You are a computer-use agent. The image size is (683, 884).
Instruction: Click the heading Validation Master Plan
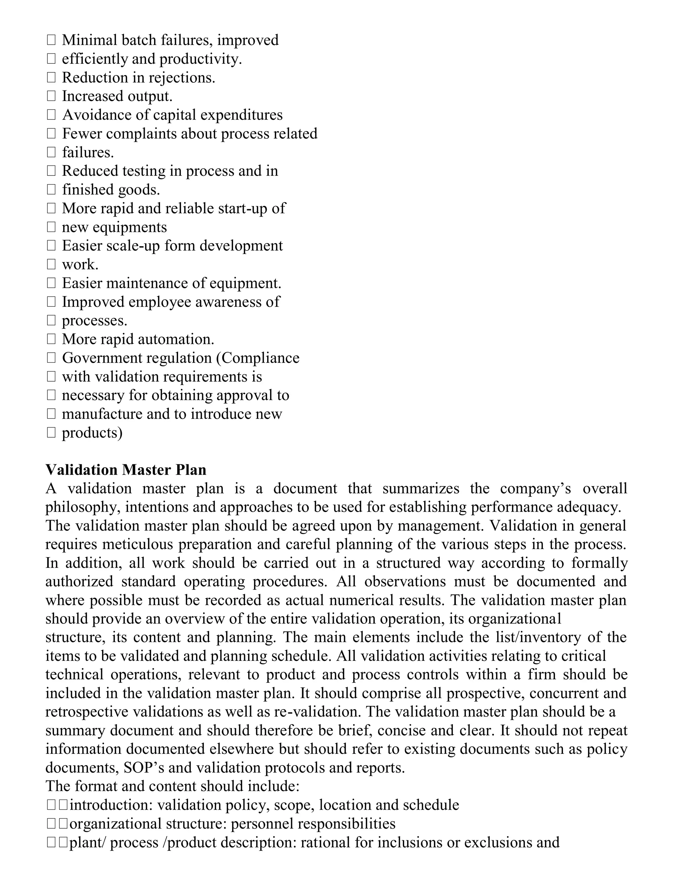pyautogui.click(x=126, y=470)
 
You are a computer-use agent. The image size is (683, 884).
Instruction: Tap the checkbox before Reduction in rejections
pyautogui.click(x=51, y=77)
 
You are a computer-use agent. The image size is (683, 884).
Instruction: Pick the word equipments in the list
pyautogui.click(x=130, y=228)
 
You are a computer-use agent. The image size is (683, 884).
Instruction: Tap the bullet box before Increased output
pyautogui.click(x=51, y=96)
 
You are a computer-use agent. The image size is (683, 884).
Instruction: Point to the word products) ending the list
pyautogui.click(x=92, y=433)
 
